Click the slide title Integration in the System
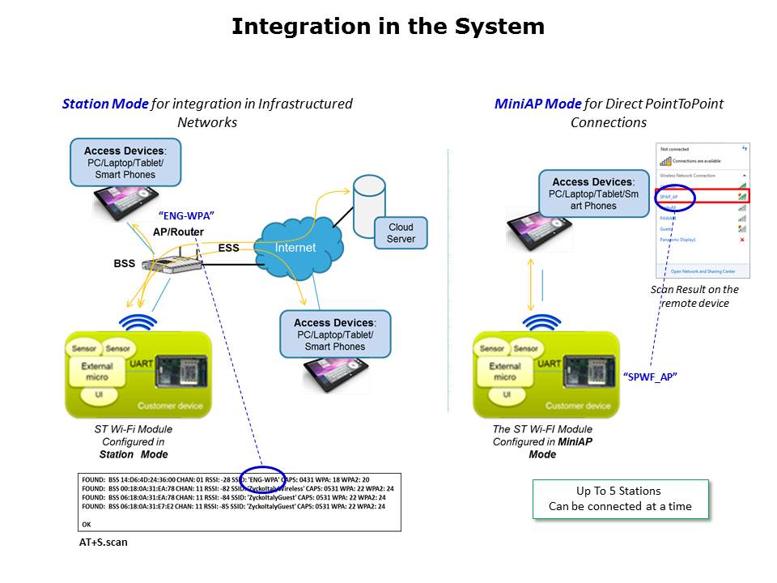(388, 27)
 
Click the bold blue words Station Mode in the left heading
(105, 104)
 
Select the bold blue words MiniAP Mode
(537, 104)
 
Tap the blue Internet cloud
(295, 247)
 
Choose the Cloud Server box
(401, 232)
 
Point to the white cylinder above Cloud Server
(368, 194)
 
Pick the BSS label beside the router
(124, 264)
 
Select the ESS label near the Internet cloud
(228, 248)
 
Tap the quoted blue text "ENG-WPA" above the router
(186, 215)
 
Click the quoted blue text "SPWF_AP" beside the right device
(650, 377)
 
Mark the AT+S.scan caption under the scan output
(97, 543)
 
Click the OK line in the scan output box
(87, 524)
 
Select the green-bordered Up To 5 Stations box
(619, 499)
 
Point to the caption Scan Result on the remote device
(695, 296)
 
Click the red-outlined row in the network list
(703, 196)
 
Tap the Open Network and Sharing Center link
(703, 271)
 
